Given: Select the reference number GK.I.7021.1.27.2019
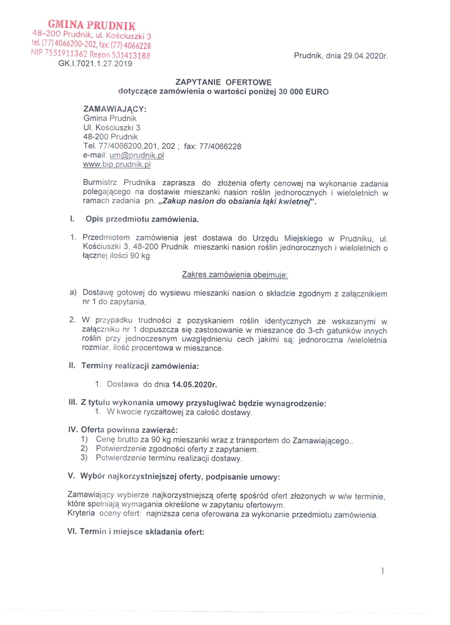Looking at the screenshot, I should click(x=95, y=63).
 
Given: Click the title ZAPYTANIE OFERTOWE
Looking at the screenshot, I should click(x=223, y=81).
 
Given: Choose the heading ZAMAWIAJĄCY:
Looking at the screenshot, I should click(x=115, y=109).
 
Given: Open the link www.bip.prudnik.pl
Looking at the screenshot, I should click(x=117, y=164).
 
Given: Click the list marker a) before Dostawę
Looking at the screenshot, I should click(x=73, y=293).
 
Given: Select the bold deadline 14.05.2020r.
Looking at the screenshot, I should click(x=195, y=385).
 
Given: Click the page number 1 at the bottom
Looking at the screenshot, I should click(x=383, y=571).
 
